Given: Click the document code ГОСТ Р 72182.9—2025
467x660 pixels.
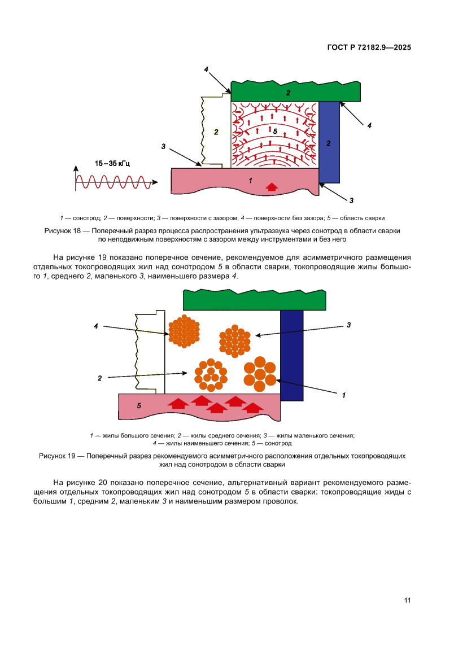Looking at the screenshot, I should pos(369,47).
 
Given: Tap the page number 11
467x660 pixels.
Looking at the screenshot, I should pos(407,600).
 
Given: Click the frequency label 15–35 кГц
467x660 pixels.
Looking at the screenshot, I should pos(112,164).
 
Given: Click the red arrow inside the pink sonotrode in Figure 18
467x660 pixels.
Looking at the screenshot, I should pos(272,186).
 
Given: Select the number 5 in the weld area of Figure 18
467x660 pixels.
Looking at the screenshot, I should pos(275,131).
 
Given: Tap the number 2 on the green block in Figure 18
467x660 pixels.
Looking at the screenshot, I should pos(288,93).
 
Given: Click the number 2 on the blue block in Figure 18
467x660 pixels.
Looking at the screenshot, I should pos(329,143).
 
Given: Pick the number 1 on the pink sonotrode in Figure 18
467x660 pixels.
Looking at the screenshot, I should pos(250,181).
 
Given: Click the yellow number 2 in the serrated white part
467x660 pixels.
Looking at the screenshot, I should pos(215,132).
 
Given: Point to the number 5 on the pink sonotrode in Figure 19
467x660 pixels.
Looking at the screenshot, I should pos(139,405).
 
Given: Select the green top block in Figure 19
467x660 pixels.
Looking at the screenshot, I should pos(254,300).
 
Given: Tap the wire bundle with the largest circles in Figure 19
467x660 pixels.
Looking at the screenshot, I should pos(260,374).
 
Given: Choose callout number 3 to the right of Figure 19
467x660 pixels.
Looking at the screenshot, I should pos(349,325).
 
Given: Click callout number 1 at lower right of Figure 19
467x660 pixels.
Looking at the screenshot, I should pos(344,396).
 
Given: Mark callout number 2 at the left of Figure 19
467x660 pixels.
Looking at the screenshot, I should pos(99,378).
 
